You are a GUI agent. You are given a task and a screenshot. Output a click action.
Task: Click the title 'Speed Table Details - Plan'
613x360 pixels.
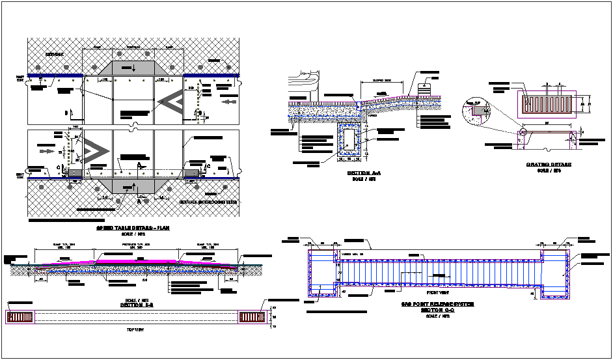[x=133, y=230]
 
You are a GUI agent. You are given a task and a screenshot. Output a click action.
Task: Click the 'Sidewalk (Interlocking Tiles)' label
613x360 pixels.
[x=208, y=202]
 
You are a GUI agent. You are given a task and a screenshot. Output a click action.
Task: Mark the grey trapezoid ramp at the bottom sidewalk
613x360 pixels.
[x=133, y=186]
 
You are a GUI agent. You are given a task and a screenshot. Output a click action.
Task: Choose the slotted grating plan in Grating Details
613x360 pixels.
[x=547, y=102]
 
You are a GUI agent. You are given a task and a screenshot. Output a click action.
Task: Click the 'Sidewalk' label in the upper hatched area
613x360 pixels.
[x=46, y=51]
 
